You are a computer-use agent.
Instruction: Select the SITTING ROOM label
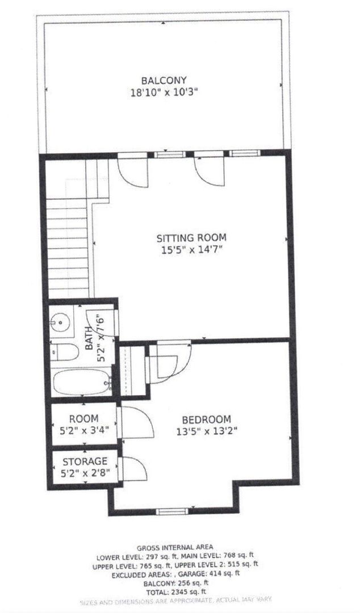coord(191,237)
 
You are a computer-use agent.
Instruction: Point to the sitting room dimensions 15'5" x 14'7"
coord(191,249)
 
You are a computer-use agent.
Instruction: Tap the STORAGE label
coord(85,461)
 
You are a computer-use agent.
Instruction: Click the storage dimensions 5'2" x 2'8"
coord(85,472)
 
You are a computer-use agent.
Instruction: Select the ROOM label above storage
coord(84,418)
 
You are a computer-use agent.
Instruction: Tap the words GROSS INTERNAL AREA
coord(179,547)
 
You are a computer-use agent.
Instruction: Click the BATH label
coord(89,341)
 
